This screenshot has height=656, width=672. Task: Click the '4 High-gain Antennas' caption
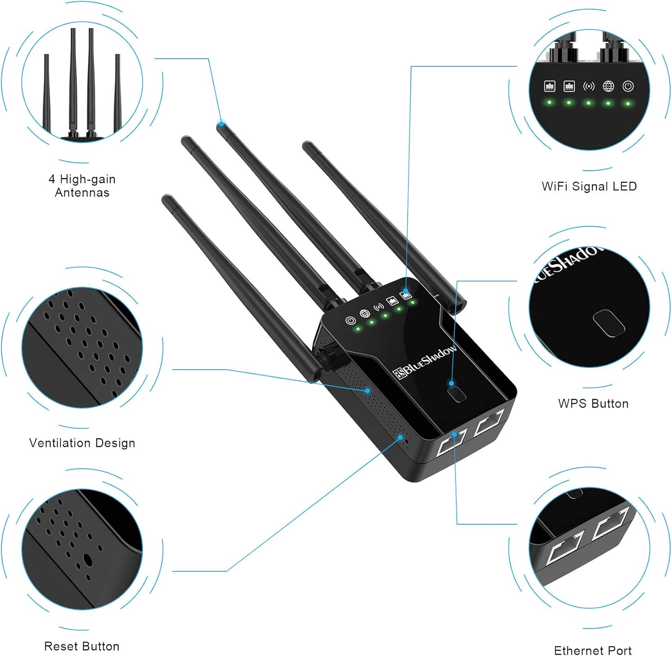pyautogui.click(x=82, y=186)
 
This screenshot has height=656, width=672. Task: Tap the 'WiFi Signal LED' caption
pyautogui.click(x=589, y=186)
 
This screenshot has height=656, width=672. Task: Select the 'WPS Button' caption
pyautogui.click(x=593, y=403)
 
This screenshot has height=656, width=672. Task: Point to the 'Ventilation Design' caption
pyautogui.click(x=82, y=443)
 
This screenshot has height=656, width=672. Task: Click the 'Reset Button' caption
pyautogui.click(x=82, y=646)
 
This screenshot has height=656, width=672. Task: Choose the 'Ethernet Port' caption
pyautogui.click(x=593, y=650)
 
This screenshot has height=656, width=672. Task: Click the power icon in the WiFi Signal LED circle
pyautogui.click(x=628, y=86)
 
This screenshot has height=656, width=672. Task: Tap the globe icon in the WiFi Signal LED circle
pyautogui.click(x=608, y=86)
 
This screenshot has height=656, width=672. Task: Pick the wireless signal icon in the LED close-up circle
pyautogui.click(x=589, y=86)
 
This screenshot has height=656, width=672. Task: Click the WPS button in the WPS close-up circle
pyautogui.click(x=609, y=323)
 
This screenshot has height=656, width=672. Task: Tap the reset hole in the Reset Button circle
pyautogui.click(x=88, y=561)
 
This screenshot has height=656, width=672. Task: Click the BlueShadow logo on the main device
pyautogui.click(x=425, y=362)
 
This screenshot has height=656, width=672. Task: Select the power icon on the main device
pyautogui.click(x=350, y=320)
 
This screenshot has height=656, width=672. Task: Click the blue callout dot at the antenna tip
pyautogui.click(x=221, y=124)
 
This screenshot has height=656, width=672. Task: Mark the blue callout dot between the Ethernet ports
pyautogui.click(x=454, y=434)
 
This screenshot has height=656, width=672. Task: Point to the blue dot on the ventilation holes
pyautogui.click(x=367, y=390)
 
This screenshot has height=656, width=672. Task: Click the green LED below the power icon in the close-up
pyautogui.click(x=628, y=104)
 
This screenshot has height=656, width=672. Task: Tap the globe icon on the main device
pyautogui.click(x=365, y=314)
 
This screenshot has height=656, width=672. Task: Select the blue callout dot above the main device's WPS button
pyautogui.click(x=452, y=383)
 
